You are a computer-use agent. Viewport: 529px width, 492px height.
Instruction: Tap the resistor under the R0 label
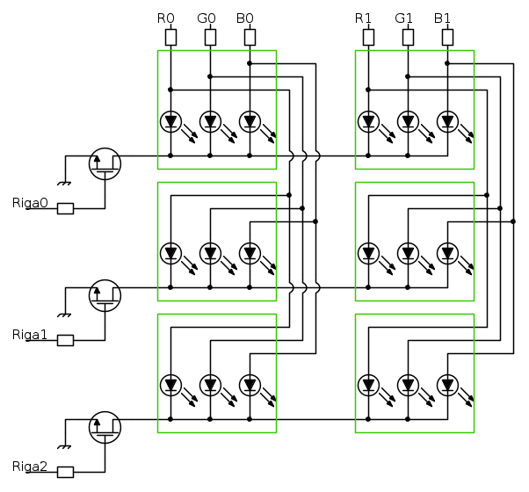tap(170, 37)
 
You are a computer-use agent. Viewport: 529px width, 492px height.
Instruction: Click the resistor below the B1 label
tap(447, 37)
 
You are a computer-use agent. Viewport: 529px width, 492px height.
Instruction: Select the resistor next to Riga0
tap(65, 209)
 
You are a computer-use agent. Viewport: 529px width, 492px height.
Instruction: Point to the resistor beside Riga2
tap(65, 472)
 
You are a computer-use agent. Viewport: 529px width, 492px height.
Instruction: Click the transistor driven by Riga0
tap(105, 163)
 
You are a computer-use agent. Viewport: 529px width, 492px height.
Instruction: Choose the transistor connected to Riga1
tap(105, 295)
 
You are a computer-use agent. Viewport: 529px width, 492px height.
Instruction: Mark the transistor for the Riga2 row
tap(105, 427)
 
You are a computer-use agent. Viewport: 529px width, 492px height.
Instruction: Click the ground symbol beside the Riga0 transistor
tap(63, 183)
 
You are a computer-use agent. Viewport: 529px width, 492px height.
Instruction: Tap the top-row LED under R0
tap(170, 121)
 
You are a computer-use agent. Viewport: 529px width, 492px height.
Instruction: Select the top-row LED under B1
tap(447, 121)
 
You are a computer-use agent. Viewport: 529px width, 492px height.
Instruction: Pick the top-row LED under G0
tap(210, 121)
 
